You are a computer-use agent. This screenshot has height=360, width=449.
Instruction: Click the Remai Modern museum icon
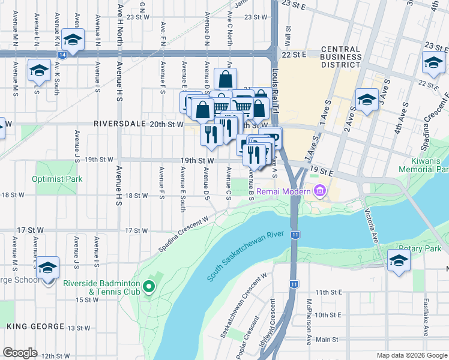[319, 192]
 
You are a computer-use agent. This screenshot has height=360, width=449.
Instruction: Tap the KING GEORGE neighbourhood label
[35, 326]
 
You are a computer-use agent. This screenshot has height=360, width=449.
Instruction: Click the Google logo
[20, 353]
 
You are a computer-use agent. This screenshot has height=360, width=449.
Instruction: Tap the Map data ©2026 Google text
[411, 355]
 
